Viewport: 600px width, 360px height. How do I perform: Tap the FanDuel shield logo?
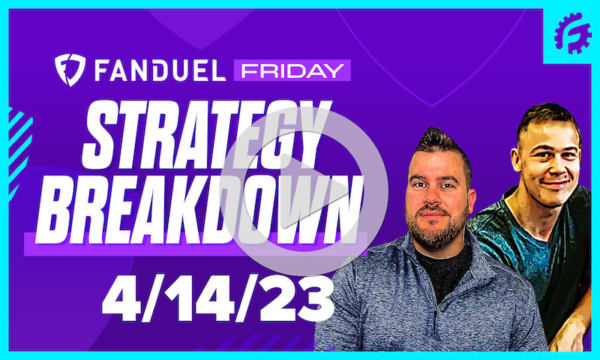pyautogui.click(x=68, y=70)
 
